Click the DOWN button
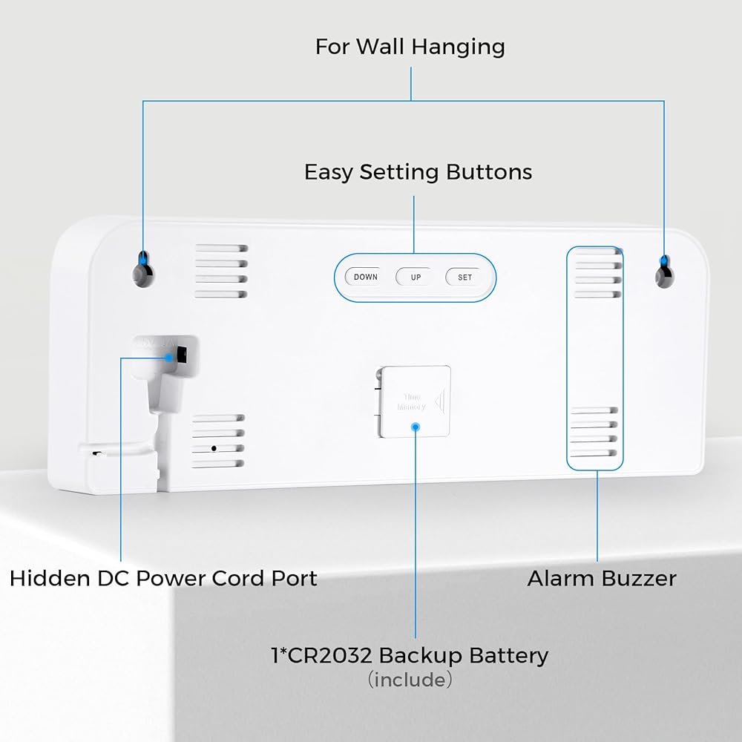pos(365,278)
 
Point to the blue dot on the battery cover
pos(416,427)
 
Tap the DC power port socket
pos(181,357)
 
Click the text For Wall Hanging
pos(410,47)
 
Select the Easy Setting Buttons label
pos(418,172)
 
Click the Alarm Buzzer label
pos(602,578)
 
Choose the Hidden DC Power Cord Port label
pos(163,578)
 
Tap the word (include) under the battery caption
pos(410,679)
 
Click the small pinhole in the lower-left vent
pos(214,448)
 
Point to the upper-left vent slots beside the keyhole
pos(221,272)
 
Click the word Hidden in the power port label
pos(45,578)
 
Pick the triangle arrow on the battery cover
pos(440,401)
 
